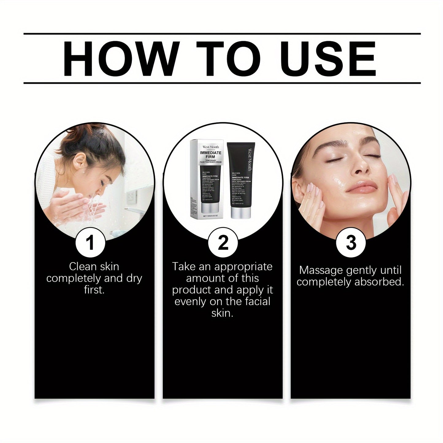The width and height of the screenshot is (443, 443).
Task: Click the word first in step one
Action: point(94,290)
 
